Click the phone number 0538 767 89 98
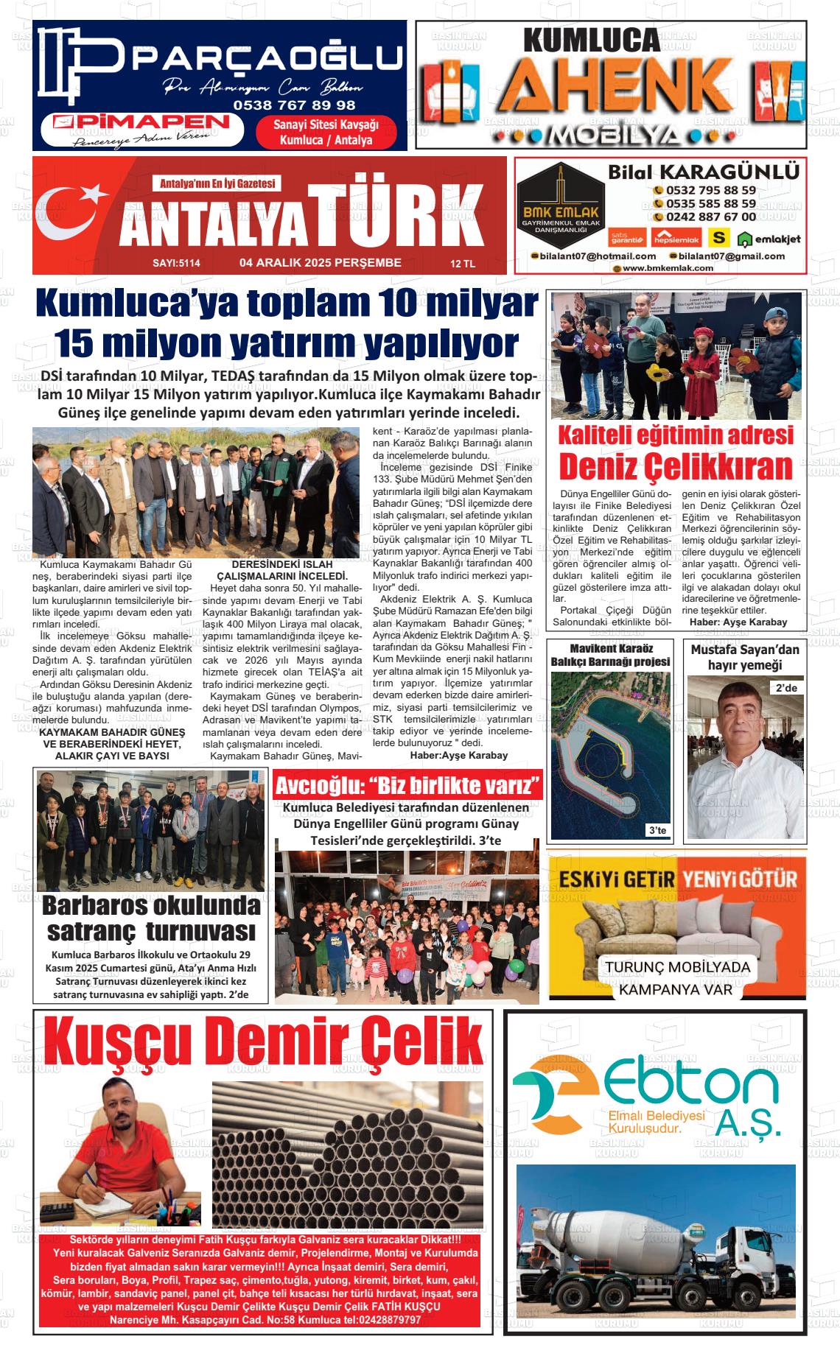click(x=294, y=105)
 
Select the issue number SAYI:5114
click(x=176, y=263)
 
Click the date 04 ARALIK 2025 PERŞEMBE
click(x=321, y=263)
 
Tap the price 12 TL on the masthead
click(x=463, y=264)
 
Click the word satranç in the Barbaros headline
click(x=92, y=931)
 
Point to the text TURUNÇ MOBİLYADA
click(x=677, y=967)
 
